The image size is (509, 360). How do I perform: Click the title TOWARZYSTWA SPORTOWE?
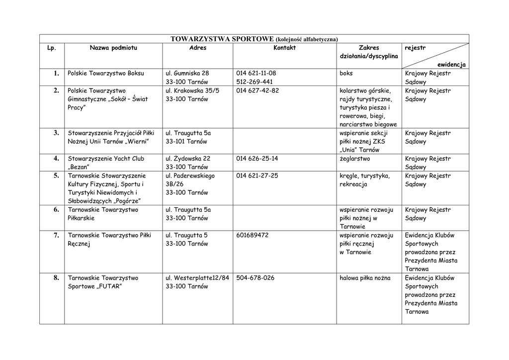(x=222, y=39)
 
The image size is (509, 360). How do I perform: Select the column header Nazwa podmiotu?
(x=113, y=48)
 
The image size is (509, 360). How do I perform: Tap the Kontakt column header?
(x=284, y=48)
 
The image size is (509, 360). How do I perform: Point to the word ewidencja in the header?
(x=451, y=65)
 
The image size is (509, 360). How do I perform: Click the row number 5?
(x=56, y=176)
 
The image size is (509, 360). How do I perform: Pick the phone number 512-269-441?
(x=254, y=82)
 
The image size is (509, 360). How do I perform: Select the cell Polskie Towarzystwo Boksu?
(x=106, y=73)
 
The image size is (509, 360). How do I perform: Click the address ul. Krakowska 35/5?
(x=192, y=90)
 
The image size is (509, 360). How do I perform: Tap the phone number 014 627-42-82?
(x=257, y=90)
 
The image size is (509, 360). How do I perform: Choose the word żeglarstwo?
(x=355, y=159)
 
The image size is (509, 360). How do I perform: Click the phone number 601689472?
(x=253, y=235)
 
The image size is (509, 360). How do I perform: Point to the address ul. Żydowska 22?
(x=188, y=159)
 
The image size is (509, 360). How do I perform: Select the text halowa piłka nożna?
(x=365, y=278)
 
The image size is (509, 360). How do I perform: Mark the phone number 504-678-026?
(x=255, y=278)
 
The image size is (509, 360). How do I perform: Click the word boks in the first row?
(x=346, y=73)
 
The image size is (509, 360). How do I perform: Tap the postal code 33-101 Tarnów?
(x=187, y=141)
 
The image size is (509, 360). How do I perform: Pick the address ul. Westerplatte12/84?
(x=197, y=278)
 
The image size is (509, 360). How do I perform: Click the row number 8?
(x=56, y=278)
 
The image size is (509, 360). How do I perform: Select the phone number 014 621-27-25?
(x=257, y=176)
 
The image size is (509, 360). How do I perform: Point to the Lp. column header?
(x=52, y=48)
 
